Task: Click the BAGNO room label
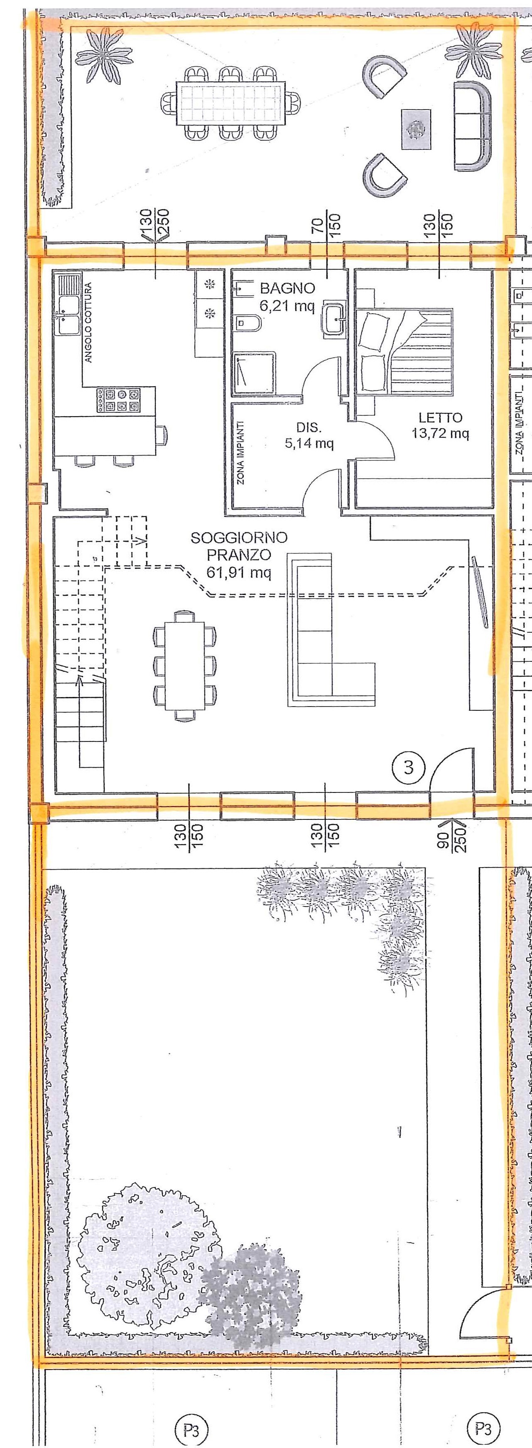pyautogui.click(x=287, y=288)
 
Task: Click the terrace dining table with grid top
pyautogui.click(x=230, y=104)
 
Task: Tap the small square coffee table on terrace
pyautogui.click(x=416, y=130)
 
